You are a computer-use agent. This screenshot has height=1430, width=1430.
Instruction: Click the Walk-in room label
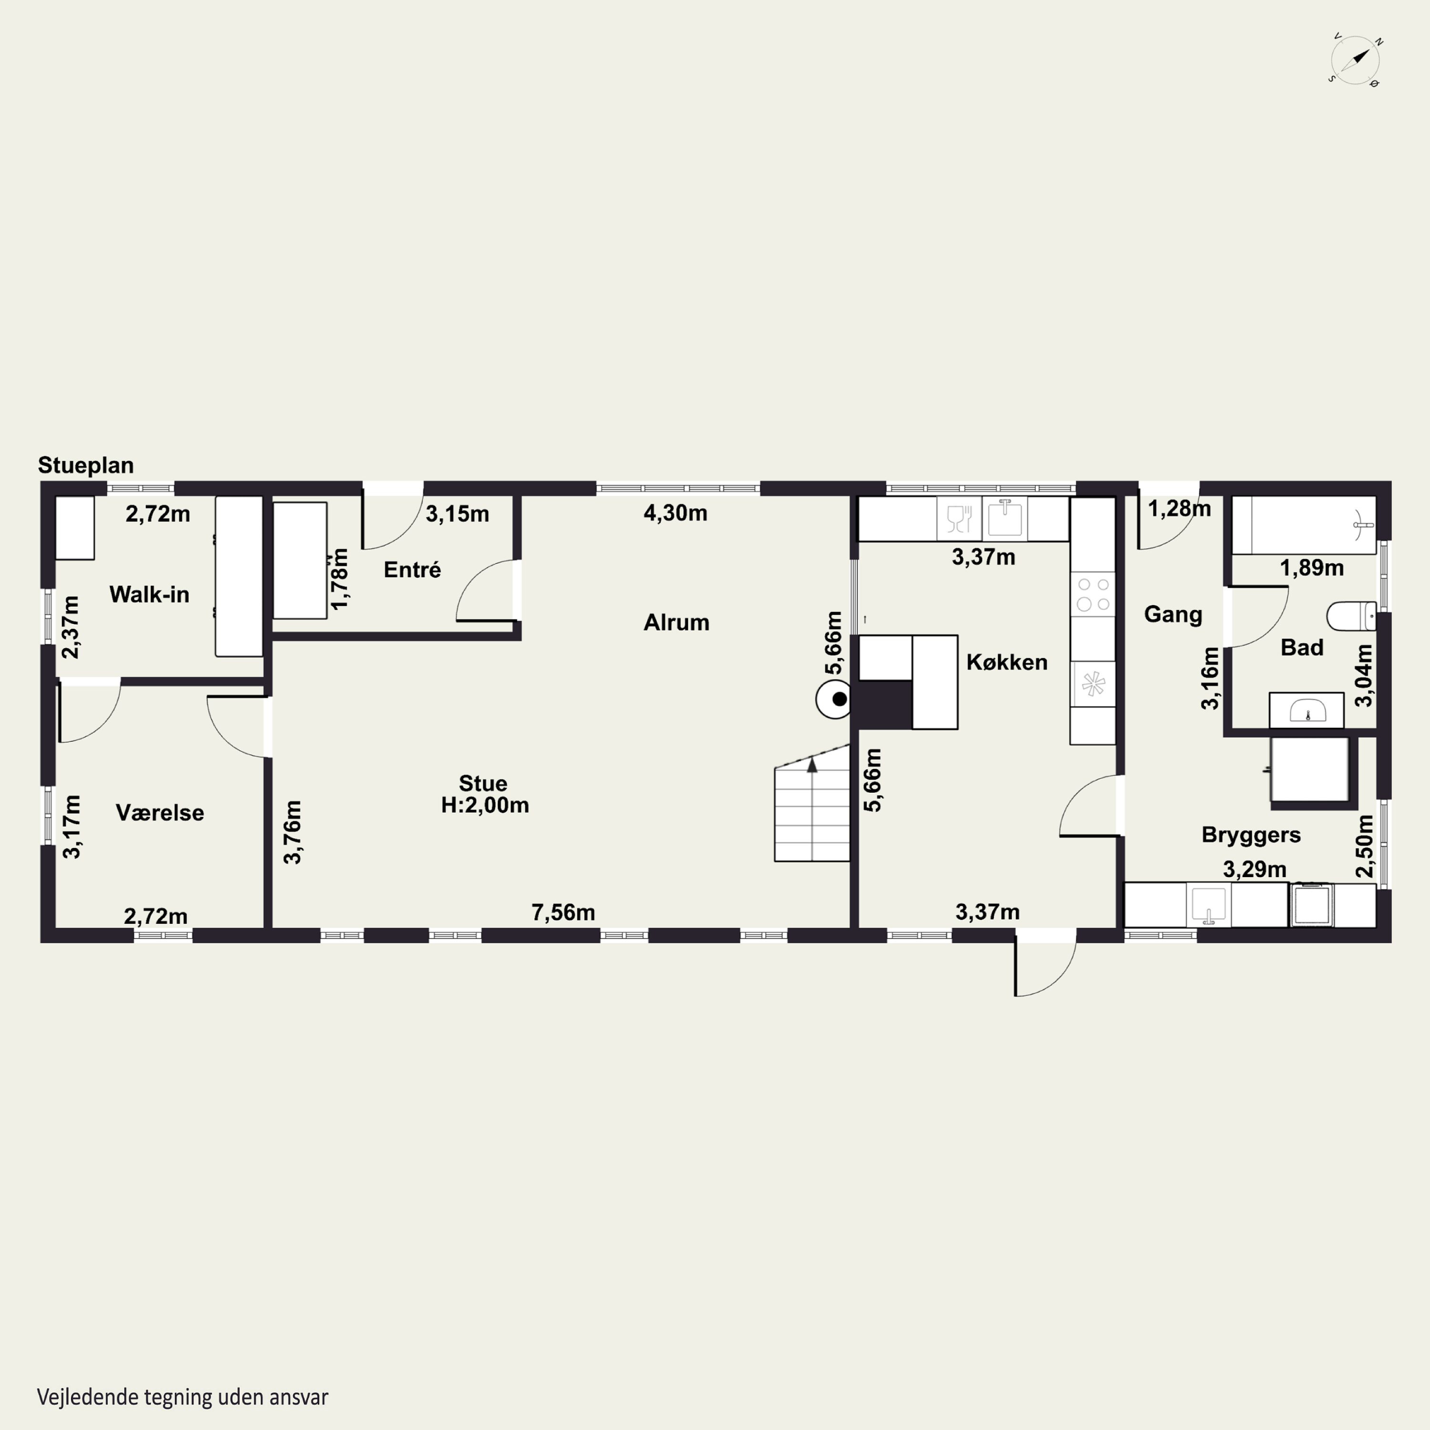coord(150,594)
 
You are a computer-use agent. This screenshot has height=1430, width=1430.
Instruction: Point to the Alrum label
coord(676,623)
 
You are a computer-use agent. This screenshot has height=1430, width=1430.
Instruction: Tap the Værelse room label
coord(160,813)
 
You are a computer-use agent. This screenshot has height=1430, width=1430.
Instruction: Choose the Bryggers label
coord(1251,835)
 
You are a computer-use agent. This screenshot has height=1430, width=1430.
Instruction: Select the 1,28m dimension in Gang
coord(1180,509)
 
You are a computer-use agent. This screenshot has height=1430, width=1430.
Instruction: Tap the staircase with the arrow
coord(812,803)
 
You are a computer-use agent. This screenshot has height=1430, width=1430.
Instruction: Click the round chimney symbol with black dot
coord(834,699)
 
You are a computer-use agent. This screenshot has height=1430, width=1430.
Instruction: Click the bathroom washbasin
coord(1307,711)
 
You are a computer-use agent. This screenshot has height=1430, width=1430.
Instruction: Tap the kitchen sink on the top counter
coord(1004,518)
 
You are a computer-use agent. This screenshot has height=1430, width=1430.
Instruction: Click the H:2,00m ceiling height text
coord(486,805)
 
